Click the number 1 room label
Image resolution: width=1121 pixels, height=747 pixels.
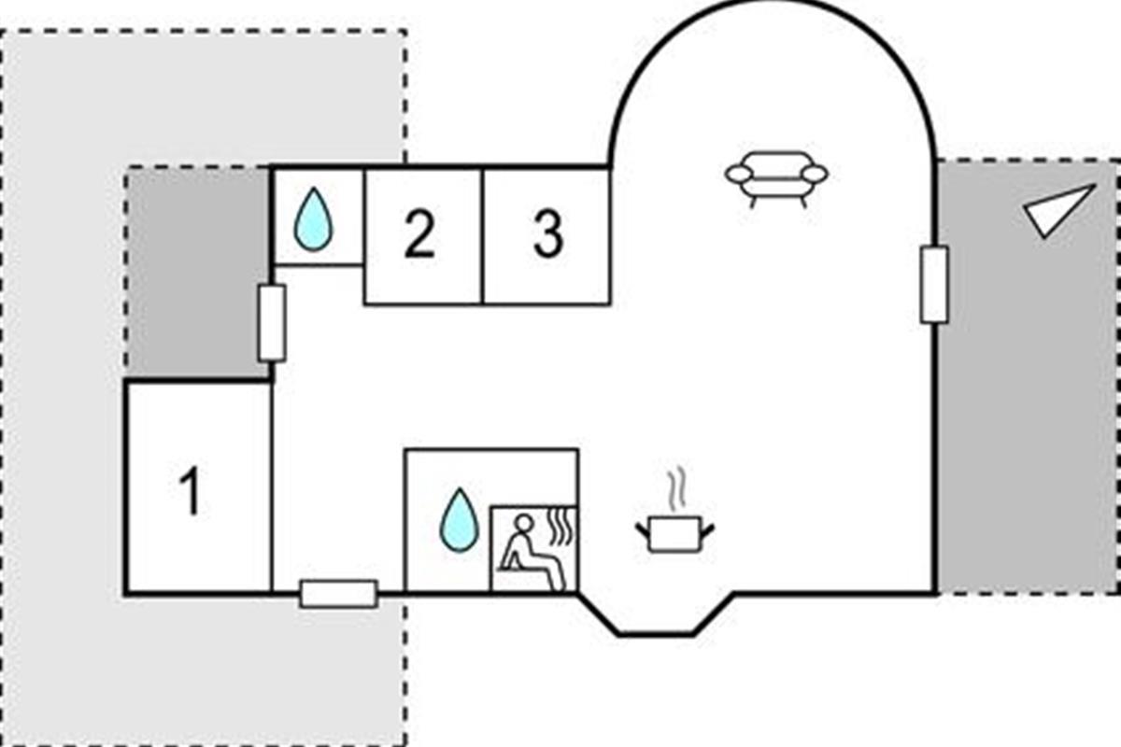[x=191, y=491]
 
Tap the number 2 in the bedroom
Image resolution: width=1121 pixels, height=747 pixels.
[x=420, y=235]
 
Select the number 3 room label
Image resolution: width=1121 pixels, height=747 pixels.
[x=548, y=235]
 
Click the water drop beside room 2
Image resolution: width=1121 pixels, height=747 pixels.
[x=312, y=220]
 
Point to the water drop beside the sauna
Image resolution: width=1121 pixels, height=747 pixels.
[x=459, y=519]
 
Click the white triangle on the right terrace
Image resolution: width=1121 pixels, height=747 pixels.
[x=1058, y=211]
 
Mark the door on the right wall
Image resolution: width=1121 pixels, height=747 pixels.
[x=933, y=285]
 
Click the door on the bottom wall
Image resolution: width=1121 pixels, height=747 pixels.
[x=338, y=594]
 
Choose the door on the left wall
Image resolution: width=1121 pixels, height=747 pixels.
[x=271, y=323]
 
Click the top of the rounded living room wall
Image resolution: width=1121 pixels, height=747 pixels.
[x=771, y=5]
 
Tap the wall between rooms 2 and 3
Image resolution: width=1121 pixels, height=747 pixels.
[x=482, y=235]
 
